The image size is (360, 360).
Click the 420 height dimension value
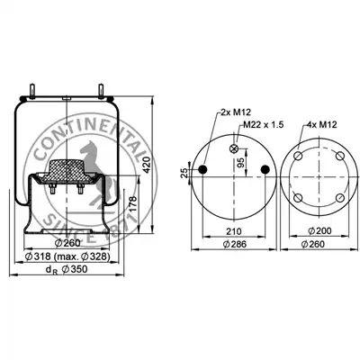click(x=147, y=165)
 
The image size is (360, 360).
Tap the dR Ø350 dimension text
click(x=67, y=269)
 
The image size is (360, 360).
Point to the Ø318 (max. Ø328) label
click(x=67, y=256)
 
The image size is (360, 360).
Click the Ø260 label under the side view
click(x=67, y=243)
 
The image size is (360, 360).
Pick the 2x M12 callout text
click(x=236, y=112)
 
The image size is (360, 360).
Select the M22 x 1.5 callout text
click(x=264, y=124)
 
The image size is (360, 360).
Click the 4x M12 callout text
click(x=322, y=124)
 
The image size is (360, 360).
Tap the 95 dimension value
click(x=241, y=162)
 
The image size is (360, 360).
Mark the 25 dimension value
click(x=184, y=173)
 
